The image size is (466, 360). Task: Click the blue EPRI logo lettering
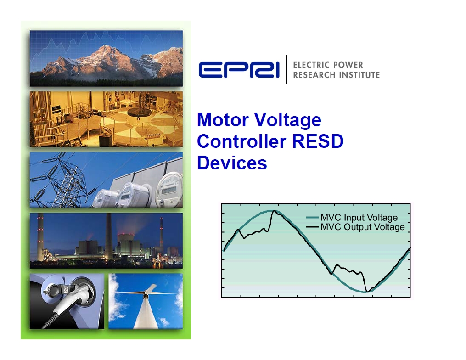pos(239,70)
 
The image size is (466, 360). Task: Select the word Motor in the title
pos(223,119)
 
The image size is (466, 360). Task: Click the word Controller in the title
pos(241,141)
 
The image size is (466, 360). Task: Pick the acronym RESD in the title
pos(318,141)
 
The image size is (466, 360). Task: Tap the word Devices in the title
pos(232,163)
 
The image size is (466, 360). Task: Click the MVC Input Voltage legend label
pos(359,218)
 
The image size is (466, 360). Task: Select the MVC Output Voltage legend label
pos(363,227)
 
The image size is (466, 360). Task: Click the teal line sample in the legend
pos(312,218)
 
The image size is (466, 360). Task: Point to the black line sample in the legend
pos(312,227)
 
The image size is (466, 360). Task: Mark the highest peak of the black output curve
pos(274,211)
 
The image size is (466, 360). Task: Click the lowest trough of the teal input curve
pos(365,292)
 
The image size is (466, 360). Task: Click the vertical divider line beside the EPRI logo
pos(286,69)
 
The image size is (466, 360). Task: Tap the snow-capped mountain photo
pos(106,59)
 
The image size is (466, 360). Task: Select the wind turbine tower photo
pos(146,301)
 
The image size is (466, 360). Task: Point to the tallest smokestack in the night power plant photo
pos(108,236)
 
